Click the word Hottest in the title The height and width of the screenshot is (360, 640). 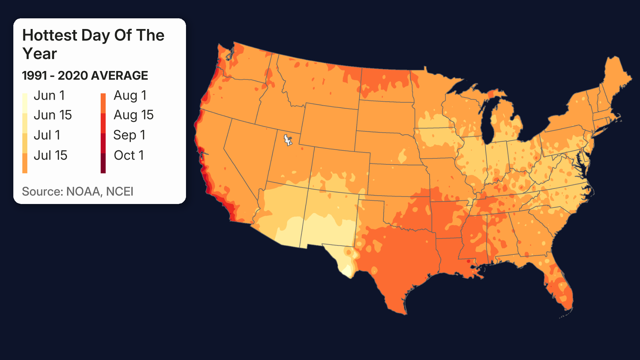click(x=50, y=35)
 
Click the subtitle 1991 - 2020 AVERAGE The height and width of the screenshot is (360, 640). click(x=85, y=76)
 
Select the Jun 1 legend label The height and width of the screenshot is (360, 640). click(x=49, y=96)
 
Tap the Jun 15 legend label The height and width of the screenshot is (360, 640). click(x=53, y=115)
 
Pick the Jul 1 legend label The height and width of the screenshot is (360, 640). click(x=47, y=135)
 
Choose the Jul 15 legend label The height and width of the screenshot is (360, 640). click(x=50, y=155)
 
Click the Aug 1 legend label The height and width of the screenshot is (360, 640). click(x=130, y=96)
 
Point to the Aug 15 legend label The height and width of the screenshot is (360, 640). click(x=133, y=115)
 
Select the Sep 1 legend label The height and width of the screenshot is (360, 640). click(x=129, y=135)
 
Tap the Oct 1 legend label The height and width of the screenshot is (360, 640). click(x=129, y=155)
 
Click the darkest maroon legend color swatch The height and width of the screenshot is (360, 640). click(x=103, y=163)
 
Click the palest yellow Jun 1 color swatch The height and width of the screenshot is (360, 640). click(x=25, y=103)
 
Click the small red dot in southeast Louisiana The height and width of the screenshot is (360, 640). click(x=469, y=261)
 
